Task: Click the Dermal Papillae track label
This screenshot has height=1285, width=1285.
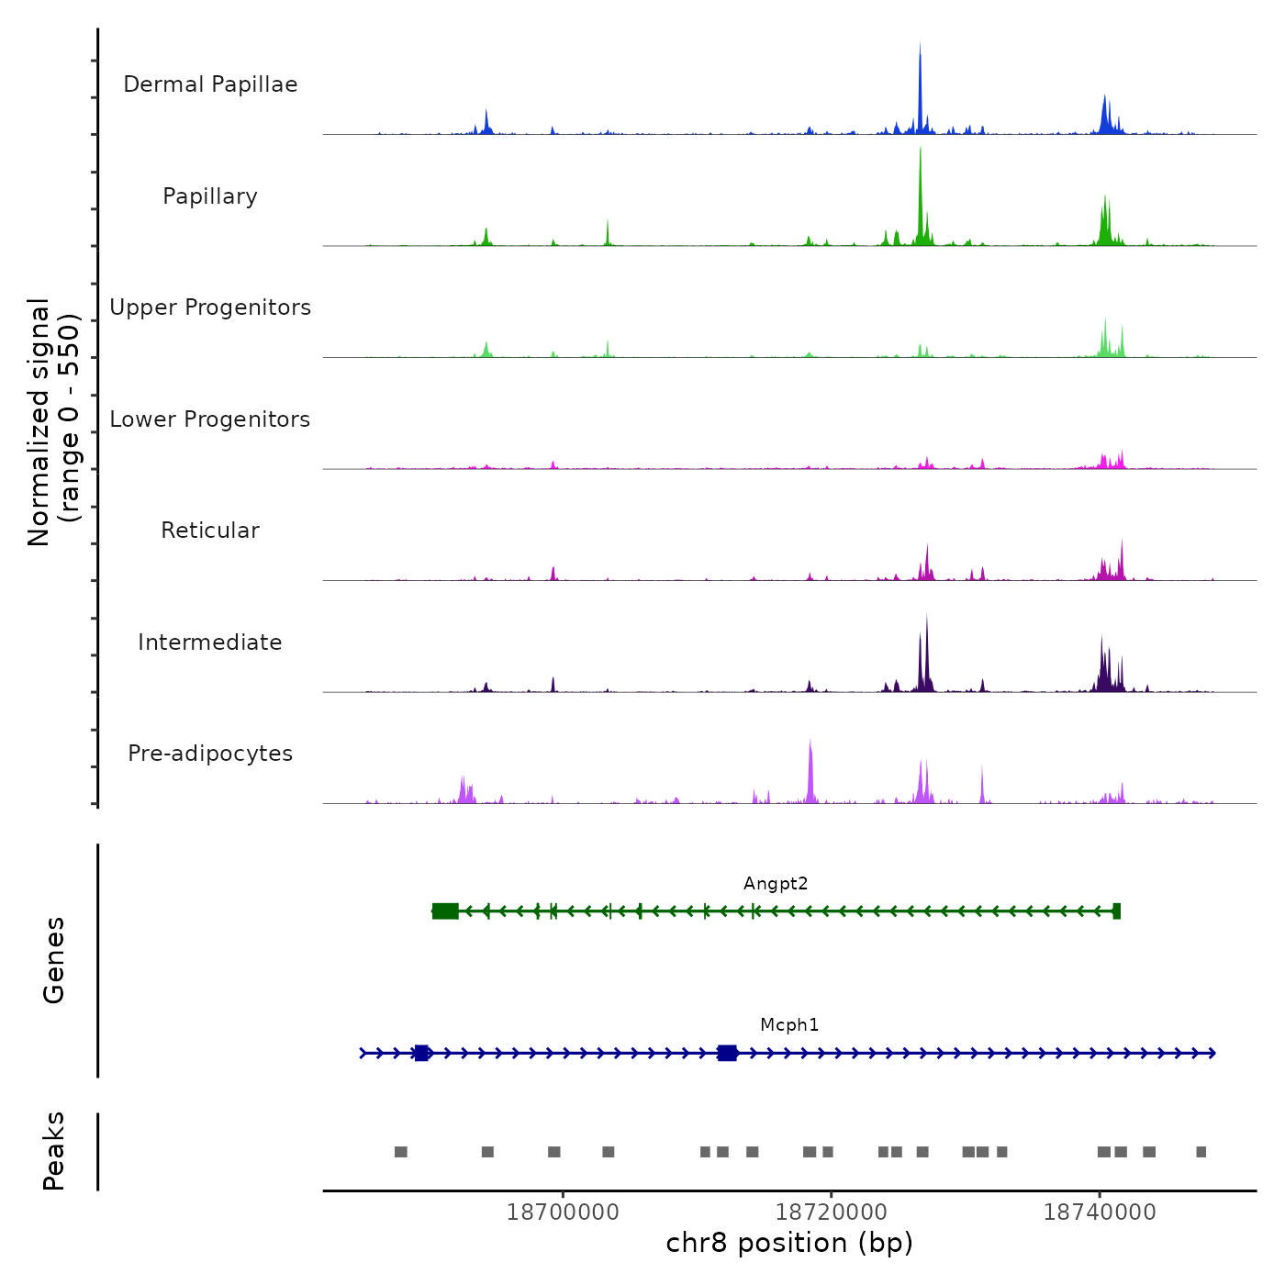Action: click(x=210, y=84)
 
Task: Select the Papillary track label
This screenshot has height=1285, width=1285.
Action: click(x=210, y=196)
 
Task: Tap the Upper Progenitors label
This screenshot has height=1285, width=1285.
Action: click(x=210, y=307)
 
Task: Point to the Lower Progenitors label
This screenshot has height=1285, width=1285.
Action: click(x=210, y=419)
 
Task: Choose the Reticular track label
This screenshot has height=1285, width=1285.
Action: click(x=210, y=531)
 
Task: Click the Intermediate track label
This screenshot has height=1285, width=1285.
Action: click(x=210, y=642)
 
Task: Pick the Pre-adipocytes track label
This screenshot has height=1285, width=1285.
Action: click(x=210, y=754)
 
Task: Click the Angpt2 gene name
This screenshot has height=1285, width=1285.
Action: click(x=776, y=884)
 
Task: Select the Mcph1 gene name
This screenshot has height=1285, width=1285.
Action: click(x=789, y=1025)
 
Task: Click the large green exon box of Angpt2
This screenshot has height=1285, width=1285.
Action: click(x=445, y=911)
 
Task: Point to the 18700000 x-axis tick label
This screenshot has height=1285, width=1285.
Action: click(x=563, y=1212)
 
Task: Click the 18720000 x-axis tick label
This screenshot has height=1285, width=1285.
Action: click(x=832, y=1212)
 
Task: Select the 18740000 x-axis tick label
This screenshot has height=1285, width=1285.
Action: click(x=1100, y=1212)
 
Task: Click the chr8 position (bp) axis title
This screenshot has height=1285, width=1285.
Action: click(x=789, y=1244)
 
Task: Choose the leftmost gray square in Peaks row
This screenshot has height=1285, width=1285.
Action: click(x=400, y=1152)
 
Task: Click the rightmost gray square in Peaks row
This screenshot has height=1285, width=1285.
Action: click(x=1201, y=1152)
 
